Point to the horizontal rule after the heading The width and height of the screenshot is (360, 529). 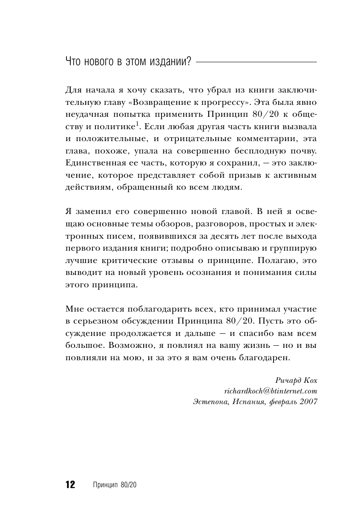tap(256, 63)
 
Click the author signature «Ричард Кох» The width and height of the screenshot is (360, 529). tap(297, 380)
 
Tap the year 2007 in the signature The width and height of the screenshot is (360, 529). tap(305, 402)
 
